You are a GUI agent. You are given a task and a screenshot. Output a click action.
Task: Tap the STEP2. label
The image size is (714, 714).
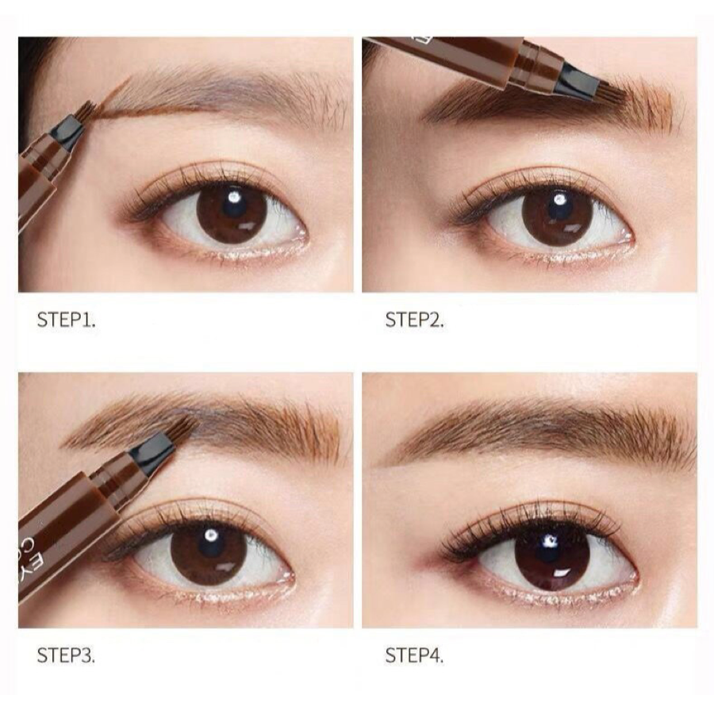coord(415,321)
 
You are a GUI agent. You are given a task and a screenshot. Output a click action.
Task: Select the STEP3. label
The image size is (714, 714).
coord(66,656)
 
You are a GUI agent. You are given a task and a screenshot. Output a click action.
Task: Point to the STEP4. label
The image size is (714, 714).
coord(415,656)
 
